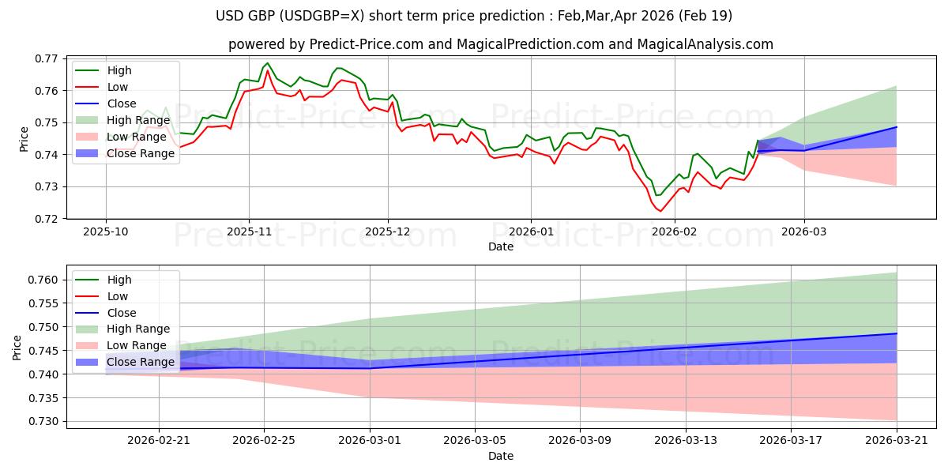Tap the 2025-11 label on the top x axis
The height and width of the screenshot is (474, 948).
(249, 232)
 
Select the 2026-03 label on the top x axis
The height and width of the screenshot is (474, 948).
(804, 232)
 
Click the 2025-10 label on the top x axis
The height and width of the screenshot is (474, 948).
(106, 232)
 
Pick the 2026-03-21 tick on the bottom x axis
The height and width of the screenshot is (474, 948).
(897, 442)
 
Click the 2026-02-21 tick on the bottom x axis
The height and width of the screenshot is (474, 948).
(159, 442)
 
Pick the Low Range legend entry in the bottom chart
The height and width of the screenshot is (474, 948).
(138, 345)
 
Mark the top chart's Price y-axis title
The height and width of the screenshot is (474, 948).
(24, 138)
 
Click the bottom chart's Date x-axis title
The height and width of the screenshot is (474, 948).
(501, 457)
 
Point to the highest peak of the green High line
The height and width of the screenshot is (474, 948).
(267, 63)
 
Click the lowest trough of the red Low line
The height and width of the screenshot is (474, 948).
(660, 211)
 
